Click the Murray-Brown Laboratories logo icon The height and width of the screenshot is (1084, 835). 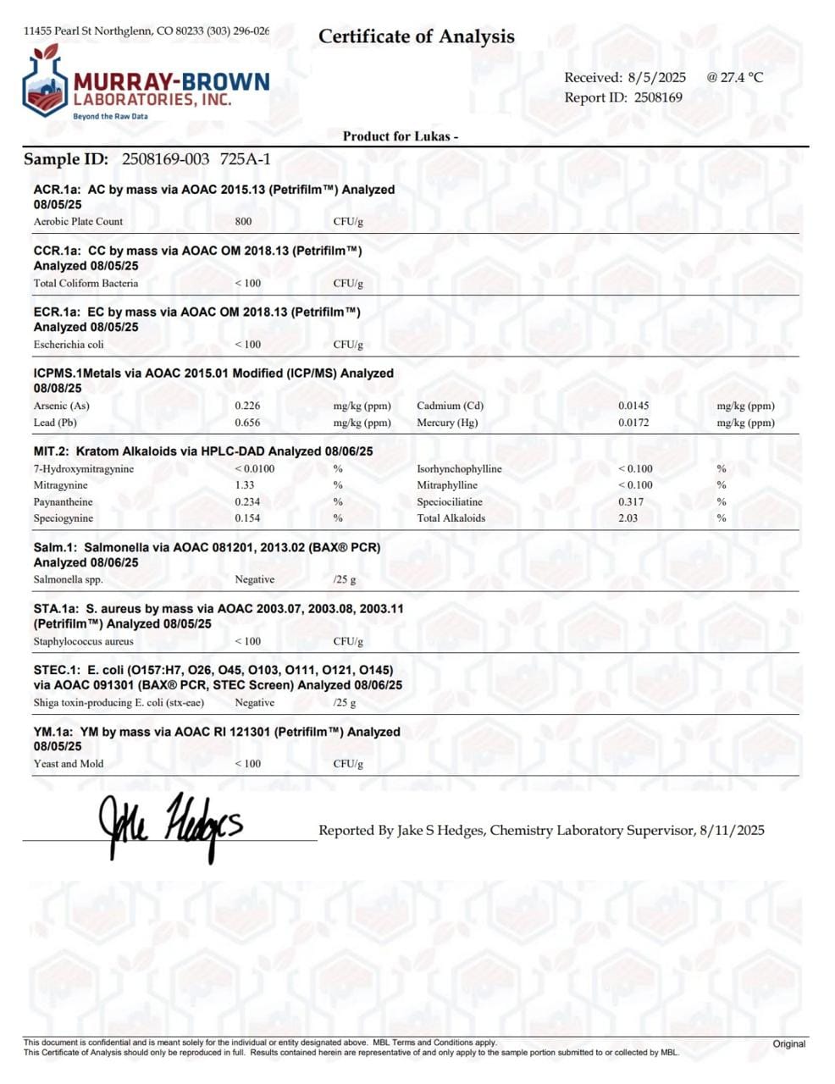coord(44,83)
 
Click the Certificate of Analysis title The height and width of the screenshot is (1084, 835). coord(416,36)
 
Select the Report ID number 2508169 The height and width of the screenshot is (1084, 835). coord(658,97)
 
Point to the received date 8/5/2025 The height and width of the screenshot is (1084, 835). coord(656,77)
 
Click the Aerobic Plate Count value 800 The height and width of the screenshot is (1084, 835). coord(243,222)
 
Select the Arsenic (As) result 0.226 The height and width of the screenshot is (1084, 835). coord(247,406)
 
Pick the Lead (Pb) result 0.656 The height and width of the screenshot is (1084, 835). coord(247,423)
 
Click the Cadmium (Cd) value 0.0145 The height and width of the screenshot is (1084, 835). coord(633,406)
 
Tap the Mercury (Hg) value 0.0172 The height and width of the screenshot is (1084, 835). coord(633,423)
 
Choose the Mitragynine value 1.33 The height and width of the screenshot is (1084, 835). coord(244,485)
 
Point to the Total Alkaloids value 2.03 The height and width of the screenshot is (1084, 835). coord(628,518)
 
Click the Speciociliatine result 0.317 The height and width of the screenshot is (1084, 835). coord(631,502)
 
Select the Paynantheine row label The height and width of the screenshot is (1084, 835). coord(64,502)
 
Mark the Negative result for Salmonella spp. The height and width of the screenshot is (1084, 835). coord(254,580)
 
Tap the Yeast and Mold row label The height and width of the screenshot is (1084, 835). coord(69,764)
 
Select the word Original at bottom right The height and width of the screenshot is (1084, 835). coord(788,1043)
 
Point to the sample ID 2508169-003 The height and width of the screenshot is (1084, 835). coord(166,159)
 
